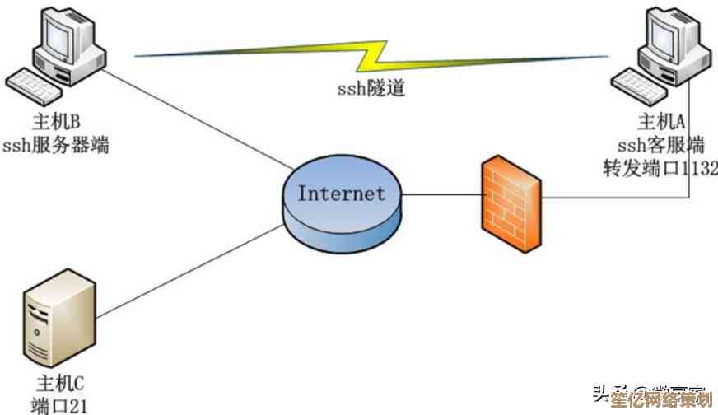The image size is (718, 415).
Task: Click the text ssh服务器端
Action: pos(56,147)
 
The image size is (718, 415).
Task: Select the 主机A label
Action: pos(662,123)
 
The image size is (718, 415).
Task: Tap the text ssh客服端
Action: pos(661,146)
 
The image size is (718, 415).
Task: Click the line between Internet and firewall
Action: pos(441,196)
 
